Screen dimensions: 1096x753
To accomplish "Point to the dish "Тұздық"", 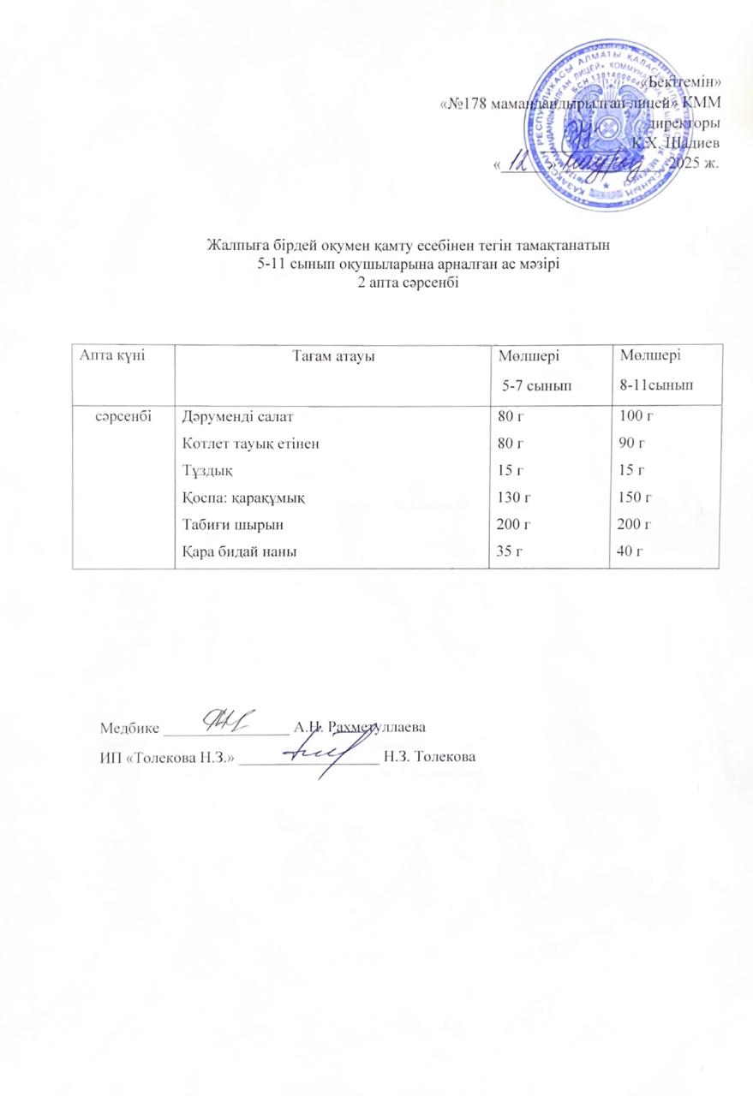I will (x=205, y=470).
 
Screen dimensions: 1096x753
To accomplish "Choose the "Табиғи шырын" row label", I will (x=223, y=523).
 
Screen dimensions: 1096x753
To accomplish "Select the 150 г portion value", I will (x=636, y=497).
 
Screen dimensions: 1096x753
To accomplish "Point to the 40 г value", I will (x=633, y=549).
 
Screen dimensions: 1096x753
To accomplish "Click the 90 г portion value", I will (x=633, y=444).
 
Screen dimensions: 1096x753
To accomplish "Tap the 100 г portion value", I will (x=636, y=419).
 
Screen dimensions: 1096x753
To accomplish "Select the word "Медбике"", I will (x=129, y=729).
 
